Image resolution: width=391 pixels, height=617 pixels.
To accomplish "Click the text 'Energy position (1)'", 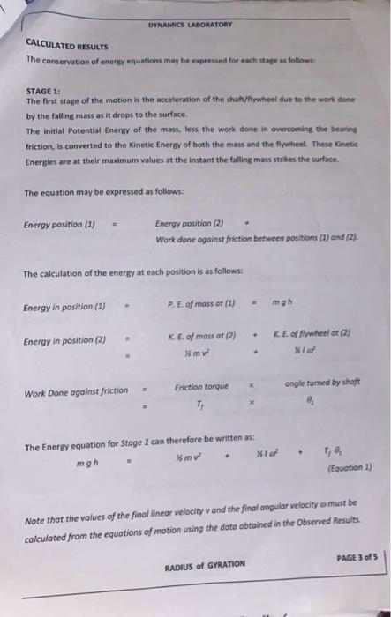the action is coord(59,224).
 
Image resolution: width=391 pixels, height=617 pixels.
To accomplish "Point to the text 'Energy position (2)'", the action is coord(190,224).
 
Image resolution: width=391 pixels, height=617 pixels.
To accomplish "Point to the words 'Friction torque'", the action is coord(202,386).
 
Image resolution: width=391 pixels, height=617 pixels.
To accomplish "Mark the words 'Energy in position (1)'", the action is coord(64,307).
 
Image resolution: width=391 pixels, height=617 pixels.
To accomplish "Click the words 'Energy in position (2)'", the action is coord(64,341).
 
